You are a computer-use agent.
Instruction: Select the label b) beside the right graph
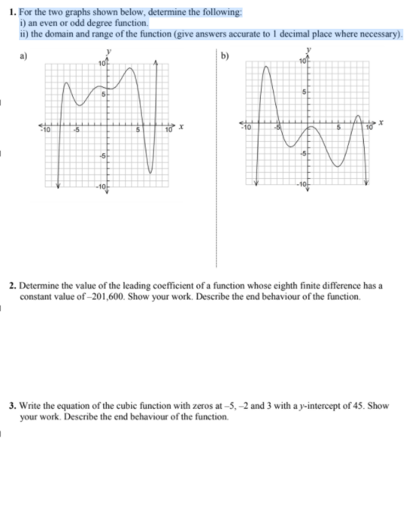click(x=223, y=55)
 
